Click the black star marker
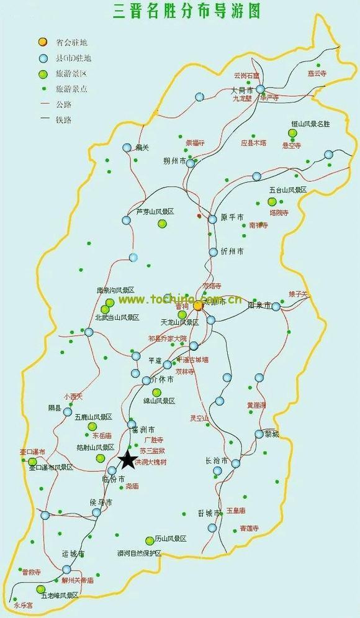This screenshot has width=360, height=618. coord(127,460)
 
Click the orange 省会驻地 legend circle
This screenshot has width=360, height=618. coord(42,42)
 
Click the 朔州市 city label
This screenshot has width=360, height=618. coord(174,161)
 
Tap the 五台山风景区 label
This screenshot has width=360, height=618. coord(287,190)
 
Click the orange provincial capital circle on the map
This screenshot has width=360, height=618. coord(197,306)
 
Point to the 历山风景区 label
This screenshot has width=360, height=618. coord(171,539)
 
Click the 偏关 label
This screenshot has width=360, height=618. coord(143,147)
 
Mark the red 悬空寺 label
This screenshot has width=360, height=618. coord(291,145)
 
